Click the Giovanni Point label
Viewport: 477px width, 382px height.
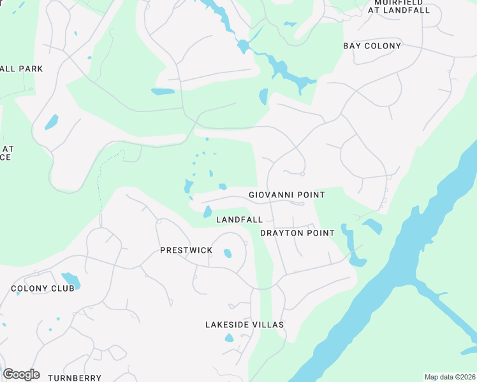click(x=286, y=195)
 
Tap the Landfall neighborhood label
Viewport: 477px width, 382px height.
click(x=239, y=220)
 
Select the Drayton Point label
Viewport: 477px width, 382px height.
click(x=297, y=233)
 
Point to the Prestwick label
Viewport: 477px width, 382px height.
click(x=186, y=250)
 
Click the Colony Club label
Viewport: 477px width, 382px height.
click(x=43, y=288)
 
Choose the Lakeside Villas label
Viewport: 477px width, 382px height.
click(x=244, y=325)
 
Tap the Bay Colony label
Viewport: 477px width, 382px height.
click(x=372, y=46)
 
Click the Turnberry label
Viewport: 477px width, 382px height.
click(x=75, y=378)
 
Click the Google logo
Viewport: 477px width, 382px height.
click(x=21, y=374)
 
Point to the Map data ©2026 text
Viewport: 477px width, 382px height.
click(x=450, y=377)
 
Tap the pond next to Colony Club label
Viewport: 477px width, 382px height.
click(x=70, y=279)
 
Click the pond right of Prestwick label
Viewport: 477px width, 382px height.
click(x=228, y=253)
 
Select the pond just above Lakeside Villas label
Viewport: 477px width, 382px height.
click(x=229, y=337)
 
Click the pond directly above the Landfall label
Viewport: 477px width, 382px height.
click(x=207, y=211)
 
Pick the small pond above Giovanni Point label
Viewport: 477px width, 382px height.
click(x=223, y=187)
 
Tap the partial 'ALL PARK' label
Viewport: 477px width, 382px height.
click(x=22, y=69)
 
